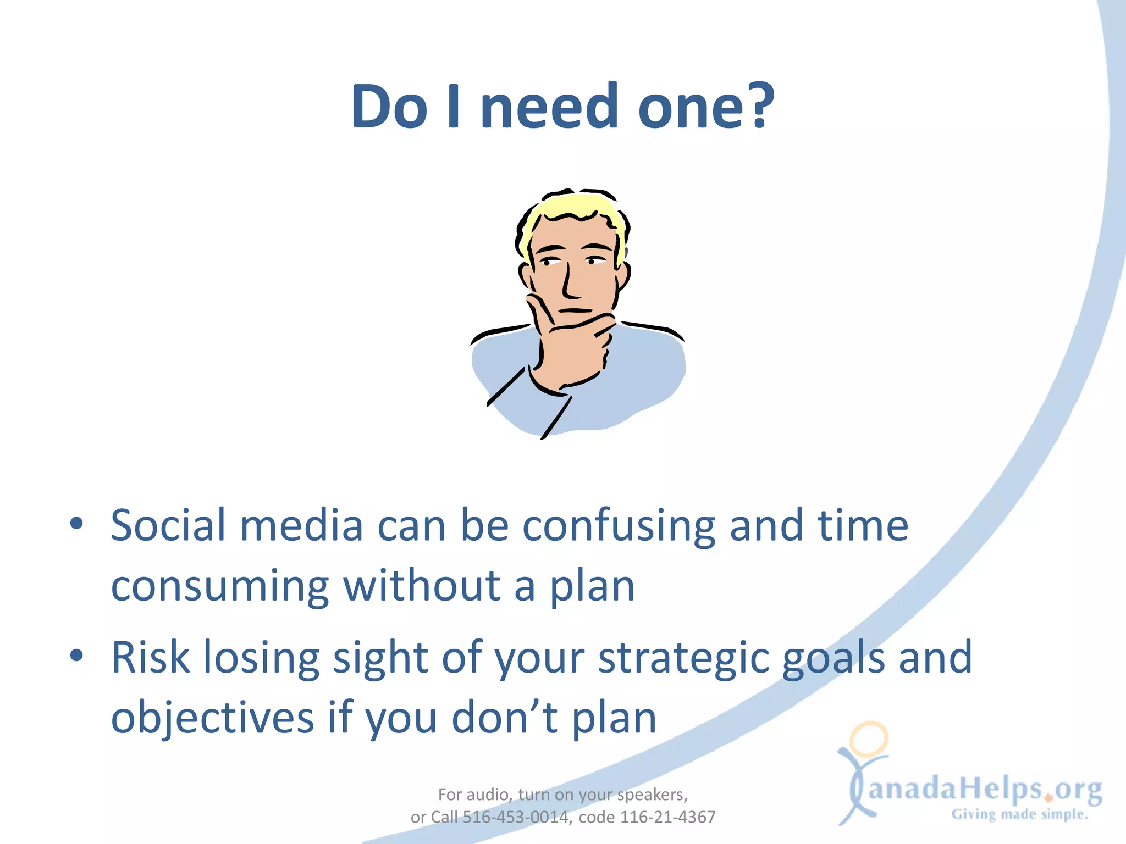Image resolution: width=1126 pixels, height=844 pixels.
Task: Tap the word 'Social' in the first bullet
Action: tap(168, 525)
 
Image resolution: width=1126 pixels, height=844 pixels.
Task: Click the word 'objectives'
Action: tap(212, 719)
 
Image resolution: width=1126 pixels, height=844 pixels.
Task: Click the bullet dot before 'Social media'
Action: tap(77, 523)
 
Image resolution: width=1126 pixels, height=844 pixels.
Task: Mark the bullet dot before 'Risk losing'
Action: tap(77, 655)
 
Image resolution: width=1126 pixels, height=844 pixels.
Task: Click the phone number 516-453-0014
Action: tap(515, 817)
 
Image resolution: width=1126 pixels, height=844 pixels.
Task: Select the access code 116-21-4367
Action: tap(667, 817)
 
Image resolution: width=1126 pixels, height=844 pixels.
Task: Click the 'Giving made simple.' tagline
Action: tap(1020, 814)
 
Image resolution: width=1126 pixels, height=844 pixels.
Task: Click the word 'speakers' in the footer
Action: tap(651, 795)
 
